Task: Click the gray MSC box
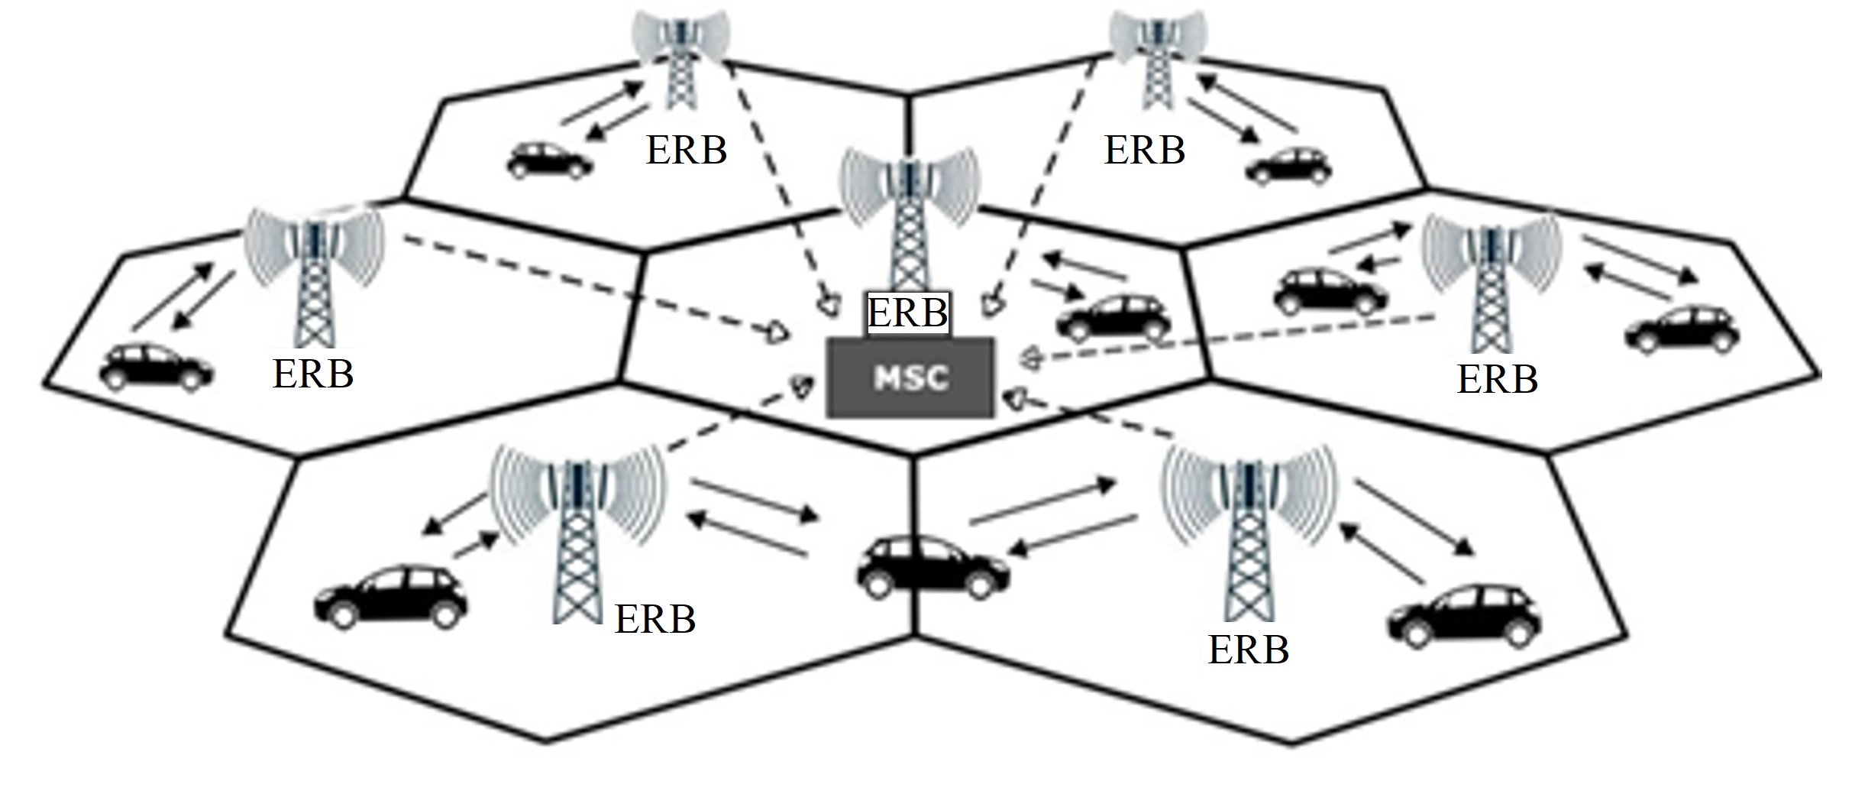click(x=911, y=378)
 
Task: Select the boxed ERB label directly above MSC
click(x=908, y=313)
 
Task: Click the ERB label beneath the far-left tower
click(x=313, y=374)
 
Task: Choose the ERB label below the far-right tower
click(x=1497, y=380)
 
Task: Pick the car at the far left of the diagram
click(x=157, y=367)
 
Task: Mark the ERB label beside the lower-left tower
click(x=655, y=619)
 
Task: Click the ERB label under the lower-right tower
click(x=1249, y=650)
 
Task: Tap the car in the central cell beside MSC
click(x=1113, y=318)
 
